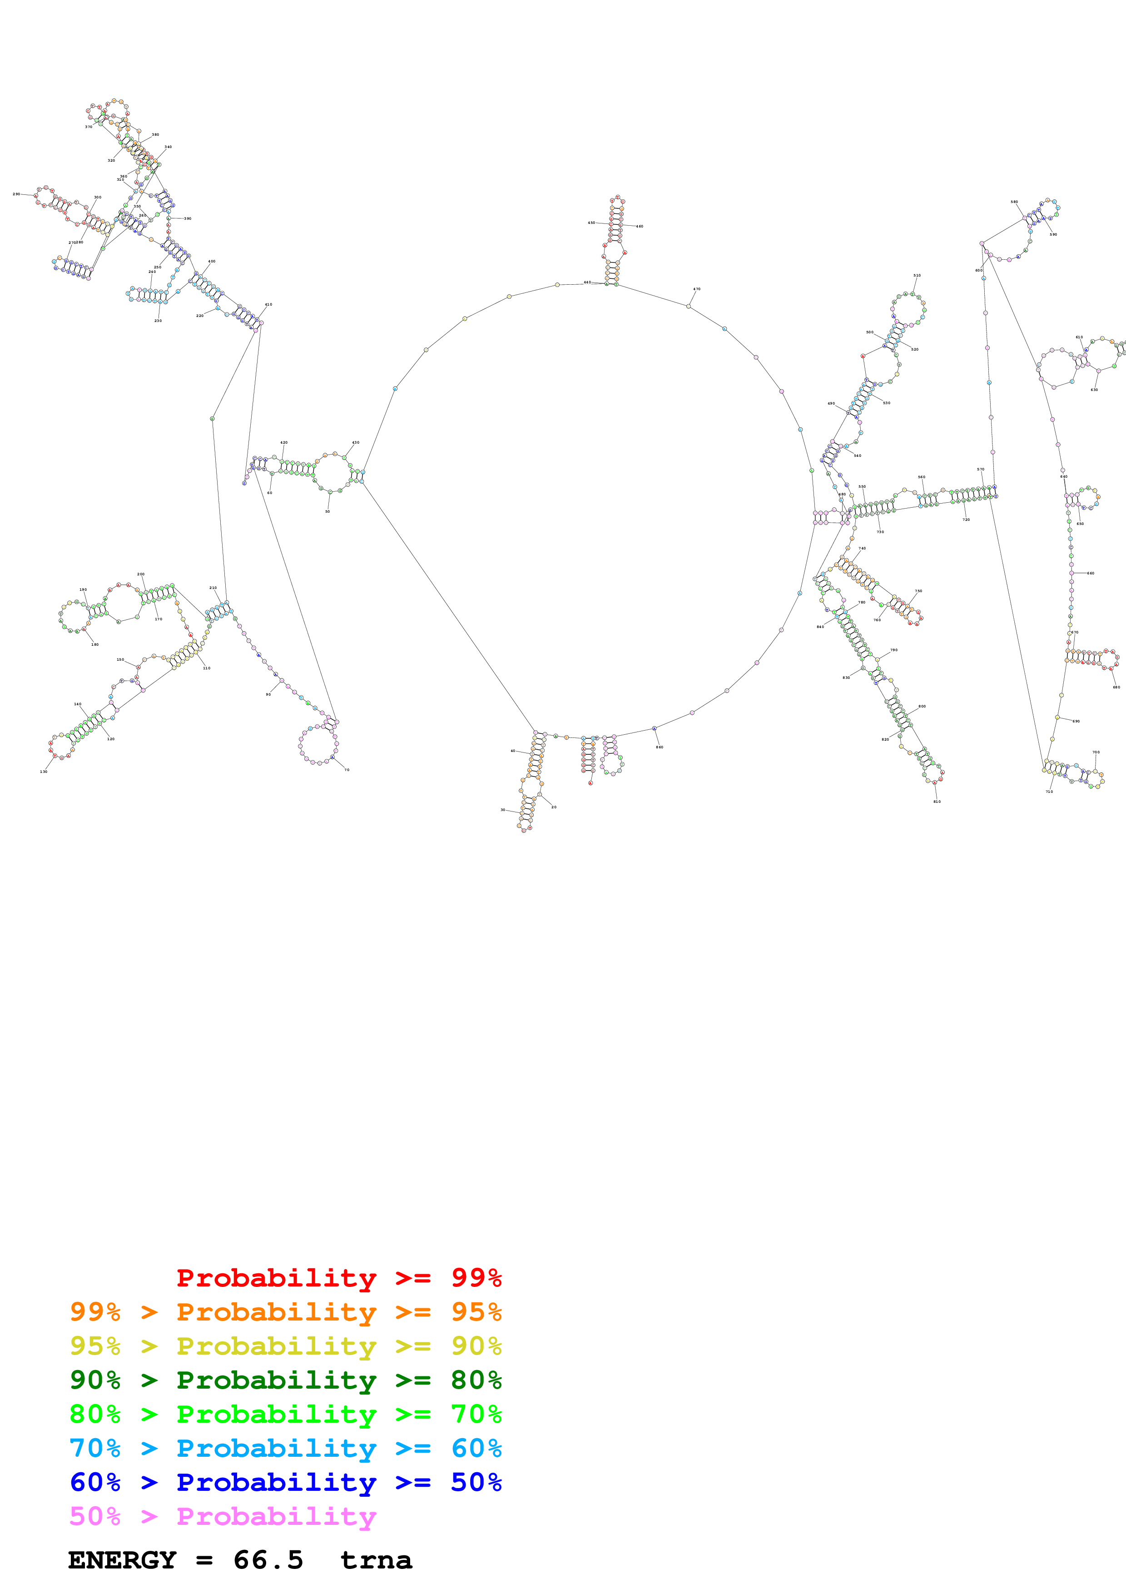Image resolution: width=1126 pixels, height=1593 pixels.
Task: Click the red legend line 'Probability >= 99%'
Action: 338,1277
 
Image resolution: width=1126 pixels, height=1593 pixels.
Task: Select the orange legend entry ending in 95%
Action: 285,1312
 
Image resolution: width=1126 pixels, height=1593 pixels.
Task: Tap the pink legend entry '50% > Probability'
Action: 223,1516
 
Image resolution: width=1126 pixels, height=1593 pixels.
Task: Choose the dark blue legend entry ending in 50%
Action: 285,1482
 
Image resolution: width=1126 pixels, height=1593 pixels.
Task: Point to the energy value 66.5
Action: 268,1560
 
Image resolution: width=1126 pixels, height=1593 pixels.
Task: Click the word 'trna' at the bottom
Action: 376,1560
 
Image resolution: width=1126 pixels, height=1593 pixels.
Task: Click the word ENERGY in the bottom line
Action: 122,1560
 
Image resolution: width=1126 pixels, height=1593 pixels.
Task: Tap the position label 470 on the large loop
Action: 697,289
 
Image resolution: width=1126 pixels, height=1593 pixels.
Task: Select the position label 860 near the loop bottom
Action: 659,747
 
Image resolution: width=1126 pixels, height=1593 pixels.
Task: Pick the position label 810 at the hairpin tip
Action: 937,801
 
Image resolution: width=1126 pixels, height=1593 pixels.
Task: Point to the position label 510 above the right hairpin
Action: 917,276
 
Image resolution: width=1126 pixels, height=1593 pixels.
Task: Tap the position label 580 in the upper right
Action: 1014,202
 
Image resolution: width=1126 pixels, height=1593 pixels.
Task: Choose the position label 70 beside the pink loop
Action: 347,769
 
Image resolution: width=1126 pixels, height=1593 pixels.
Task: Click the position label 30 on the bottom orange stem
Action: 503,810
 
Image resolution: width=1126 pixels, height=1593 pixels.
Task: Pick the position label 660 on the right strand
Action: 1091,573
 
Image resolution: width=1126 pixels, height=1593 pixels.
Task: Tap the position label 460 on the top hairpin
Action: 640,226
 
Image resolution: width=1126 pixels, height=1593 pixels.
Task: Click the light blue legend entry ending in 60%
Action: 285,1448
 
